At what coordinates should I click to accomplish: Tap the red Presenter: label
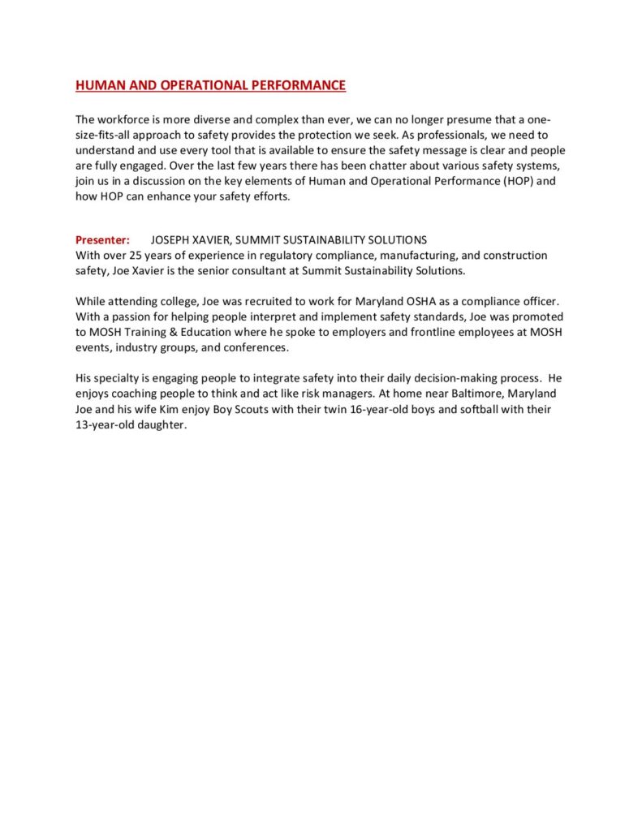point(102,240)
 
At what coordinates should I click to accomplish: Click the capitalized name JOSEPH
point(172,240)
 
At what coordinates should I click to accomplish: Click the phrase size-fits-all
point(103,136)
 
